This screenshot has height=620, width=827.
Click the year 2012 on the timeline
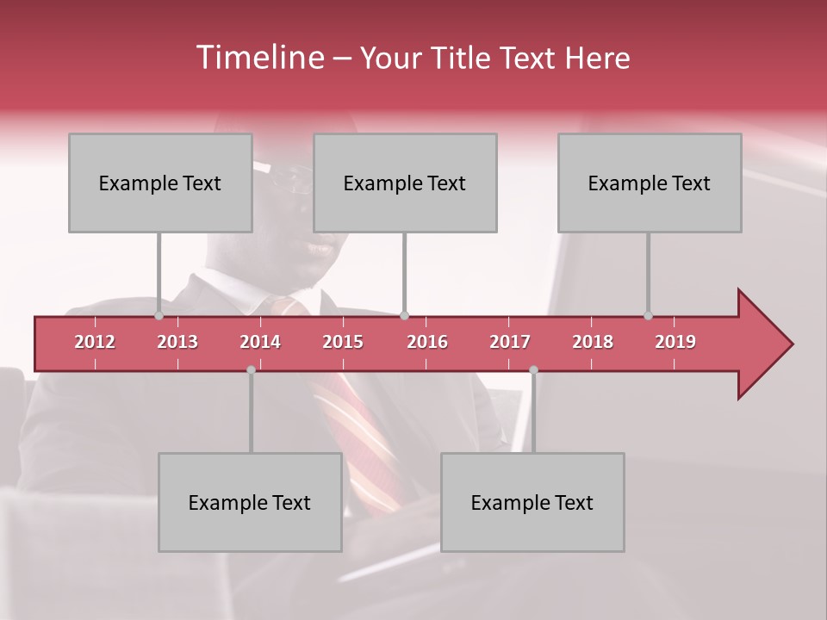point(95,342)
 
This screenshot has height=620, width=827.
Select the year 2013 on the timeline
point(177,342)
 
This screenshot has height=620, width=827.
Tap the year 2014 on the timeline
point(260,342)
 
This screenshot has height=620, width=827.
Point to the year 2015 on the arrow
point(343,342)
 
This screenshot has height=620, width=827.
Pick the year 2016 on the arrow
point(427,342)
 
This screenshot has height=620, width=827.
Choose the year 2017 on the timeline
point(510,342)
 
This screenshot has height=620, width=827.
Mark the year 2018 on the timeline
point(593,342)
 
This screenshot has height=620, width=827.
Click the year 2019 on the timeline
point(675,342)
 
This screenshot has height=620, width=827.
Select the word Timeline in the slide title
point(258,58)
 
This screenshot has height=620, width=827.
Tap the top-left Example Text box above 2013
point(160,183)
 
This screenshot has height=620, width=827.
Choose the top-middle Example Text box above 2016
point(405,183)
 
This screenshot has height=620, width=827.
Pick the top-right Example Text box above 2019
point(650,183)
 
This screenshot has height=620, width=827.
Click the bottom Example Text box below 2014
point(250,502)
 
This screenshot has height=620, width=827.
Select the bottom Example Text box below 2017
point(532,502)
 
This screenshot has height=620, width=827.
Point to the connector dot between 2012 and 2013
point(159,316)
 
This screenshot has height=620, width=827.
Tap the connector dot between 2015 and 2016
point(405,316)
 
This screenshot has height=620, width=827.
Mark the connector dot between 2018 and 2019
point(649,316)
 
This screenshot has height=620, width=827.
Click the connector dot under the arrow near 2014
point(251,369)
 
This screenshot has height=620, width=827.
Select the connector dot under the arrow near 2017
point(533,369)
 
